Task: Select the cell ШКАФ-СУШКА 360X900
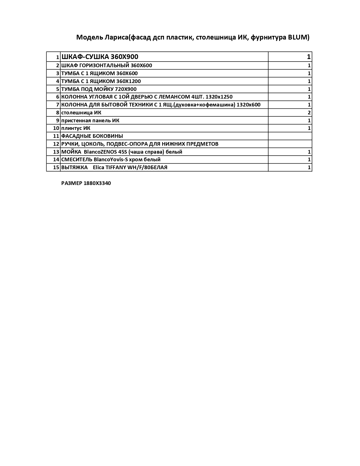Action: tap(100, 57)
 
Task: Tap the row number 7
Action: tap(58, 105)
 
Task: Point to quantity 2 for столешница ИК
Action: tap(309, 113)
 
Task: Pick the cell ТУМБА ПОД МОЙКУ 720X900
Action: tap(99, 89)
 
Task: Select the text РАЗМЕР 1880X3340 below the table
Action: tap(86, 183)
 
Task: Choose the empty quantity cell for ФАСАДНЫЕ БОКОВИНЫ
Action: tap(290, 136)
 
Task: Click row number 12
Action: tap(56, 144)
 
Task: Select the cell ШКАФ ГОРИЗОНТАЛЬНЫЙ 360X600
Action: tap(107, 66)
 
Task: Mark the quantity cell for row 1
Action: tap(290, 57)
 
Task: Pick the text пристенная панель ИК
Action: tap(90, 121)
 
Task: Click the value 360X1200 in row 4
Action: tap(128, 81)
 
